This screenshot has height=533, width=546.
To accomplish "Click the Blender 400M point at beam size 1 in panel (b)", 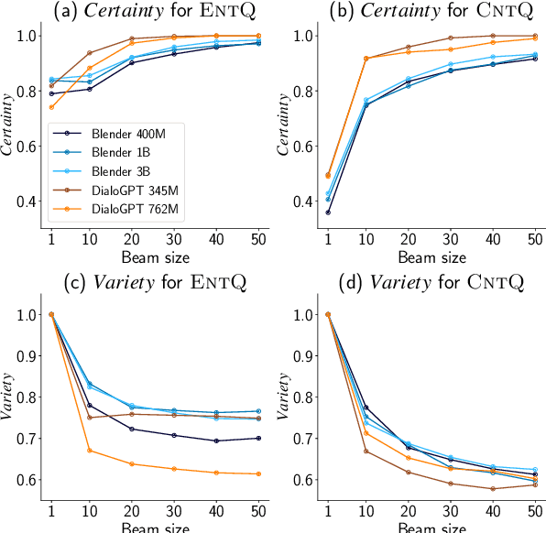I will pyautogui.click(x=328, y=212).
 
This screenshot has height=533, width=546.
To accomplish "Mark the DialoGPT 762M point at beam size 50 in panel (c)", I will pyautogui.click(x=258, y=473).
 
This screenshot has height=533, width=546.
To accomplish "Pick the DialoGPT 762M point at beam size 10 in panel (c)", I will pyautogui.click(x=89, y=451).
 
